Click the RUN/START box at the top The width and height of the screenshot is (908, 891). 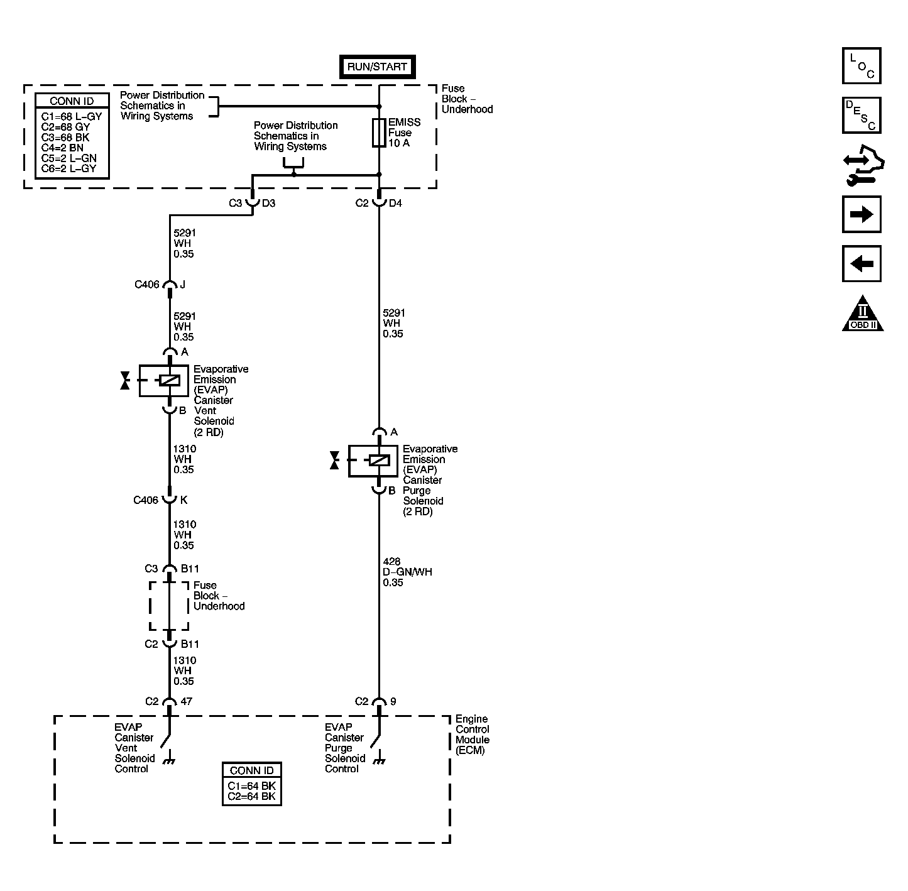click(377, 67)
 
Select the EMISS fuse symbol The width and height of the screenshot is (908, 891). click(379, 133)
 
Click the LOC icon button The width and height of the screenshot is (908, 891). click(862, 66)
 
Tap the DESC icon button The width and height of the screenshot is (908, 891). click(862, 115)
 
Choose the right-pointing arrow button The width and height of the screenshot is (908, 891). click(862, 214)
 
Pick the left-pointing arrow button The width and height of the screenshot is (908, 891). click(862, 263)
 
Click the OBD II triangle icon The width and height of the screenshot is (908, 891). click(863, 314)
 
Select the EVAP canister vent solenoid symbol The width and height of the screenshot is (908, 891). click(164, 380)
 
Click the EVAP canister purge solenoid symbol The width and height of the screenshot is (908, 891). click(373, 461)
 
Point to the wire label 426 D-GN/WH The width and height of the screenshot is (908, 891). click(407, 572)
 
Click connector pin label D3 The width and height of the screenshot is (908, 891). click(268, 203)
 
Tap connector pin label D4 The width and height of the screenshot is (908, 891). click(395, 203)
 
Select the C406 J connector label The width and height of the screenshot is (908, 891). click(160, 285)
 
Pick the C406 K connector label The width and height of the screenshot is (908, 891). click(160, 500)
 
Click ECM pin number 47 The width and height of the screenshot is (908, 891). click(187, 701)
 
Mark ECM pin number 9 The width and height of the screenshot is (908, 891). click(393, 701)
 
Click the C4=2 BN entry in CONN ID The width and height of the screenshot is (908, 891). click(62, 148)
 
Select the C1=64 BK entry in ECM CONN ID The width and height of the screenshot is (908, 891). click(251, 786)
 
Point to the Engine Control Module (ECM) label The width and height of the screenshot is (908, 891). click(472, 735)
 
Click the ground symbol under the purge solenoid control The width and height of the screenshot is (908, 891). click(378, 762)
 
